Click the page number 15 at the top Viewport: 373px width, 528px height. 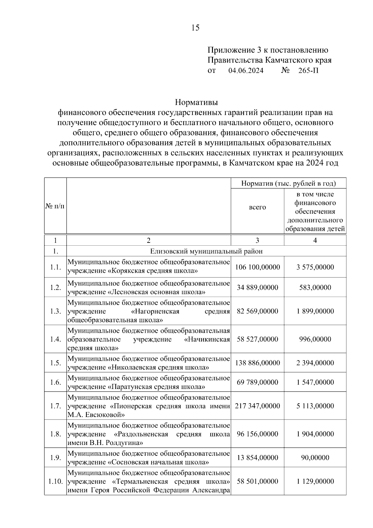click(x=195, y=28)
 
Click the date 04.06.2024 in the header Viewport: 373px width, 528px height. click(x=246, y=71)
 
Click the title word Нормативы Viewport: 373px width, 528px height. click(x=196, y=102)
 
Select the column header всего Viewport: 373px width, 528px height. click(x=257, y=207)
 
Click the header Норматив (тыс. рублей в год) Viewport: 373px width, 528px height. click(x=288, y=183)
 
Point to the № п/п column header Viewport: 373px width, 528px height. click(x=55, y=206)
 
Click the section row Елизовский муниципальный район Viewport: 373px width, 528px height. click(x=206, y=251)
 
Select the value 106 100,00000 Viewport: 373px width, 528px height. click(x=257, y=267)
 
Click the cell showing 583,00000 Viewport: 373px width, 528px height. click(x=315, y=287)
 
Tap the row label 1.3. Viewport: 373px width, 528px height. click(x=55, y=311)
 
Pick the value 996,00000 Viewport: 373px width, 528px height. click(x=315, y=339)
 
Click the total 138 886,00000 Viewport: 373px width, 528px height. click(x=257, y=363)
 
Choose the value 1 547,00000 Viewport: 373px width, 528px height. click(x=315, y=382)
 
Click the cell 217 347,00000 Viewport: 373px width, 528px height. click(x=257, y=406)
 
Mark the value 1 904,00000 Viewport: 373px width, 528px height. click(x=315, y=434)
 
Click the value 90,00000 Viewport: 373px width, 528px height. click(x=315, y=458)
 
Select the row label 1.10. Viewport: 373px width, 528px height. click(x=55, y=481)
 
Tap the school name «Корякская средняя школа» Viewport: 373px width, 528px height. click(x=153, y=271)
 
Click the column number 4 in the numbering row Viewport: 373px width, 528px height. click(x=315, y=240)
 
